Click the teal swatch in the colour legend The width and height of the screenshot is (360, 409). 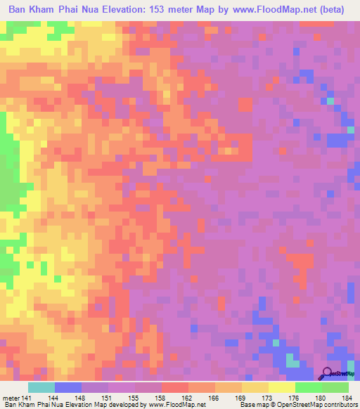click(41, 387)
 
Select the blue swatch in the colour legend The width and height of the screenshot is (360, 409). click(68, 387)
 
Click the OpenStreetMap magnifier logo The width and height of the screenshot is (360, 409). click(328, 373)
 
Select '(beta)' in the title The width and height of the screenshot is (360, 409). click(340, 11)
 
